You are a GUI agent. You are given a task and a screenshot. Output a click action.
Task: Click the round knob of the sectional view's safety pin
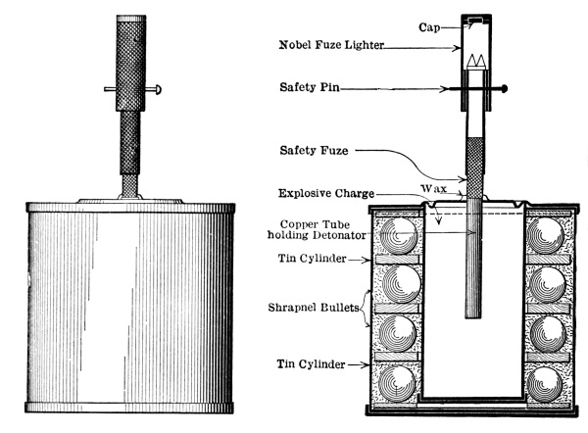(505, 89)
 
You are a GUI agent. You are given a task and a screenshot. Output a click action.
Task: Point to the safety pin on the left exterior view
(128, 91)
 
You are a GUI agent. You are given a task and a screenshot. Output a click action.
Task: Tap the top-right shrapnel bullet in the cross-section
(545, 239)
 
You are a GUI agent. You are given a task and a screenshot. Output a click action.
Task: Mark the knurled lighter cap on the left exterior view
(128, 64)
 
